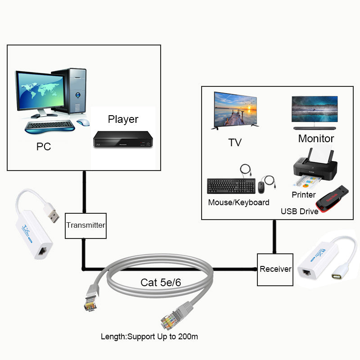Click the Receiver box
pyautogui.click(x=275, y=270)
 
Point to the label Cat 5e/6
pyautogui.click(x=162, y=283)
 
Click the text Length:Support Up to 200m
pyautogui.click(x=149, y=336)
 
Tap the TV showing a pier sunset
pyautogui.click(x=235, y=110)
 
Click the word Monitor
pyautogui.click(x=316, y=139)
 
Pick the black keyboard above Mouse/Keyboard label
pyautogui.click(x=231, y=186)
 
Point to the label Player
pyautogui.click(x=123, y=119)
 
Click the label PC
pyautogui.click(x=44, y=147)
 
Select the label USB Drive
pyautogui.click(x=300, y=211)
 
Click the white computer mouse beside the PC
pyautogui.click(x=83, y=122)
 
